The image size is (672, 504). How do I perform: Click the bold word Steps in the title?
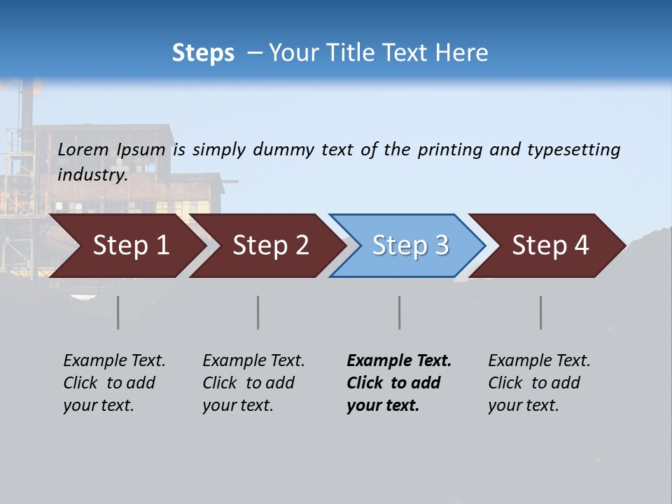pos(203,52)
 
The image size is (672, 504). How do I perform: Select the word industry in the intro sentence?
pos(92,174)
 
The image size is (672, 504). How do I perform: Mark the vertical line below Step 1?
pos(118,312)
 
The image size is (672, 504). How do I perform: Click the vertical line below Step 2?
pos(258,312)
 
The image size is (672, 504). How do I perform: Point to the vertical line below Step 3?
pos(400,312)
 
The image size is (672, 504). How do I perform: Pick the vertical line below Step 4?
pos(541,312)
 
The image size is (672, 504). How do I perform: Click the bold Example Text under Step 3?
pos(399,360)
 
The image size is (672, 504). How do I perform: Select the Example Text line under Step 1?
pos(114,360)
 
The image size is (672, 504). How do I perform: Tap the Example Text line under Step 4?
pos(539,360)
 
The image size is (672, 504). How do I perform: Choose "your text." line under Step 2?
pos(238,405)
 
